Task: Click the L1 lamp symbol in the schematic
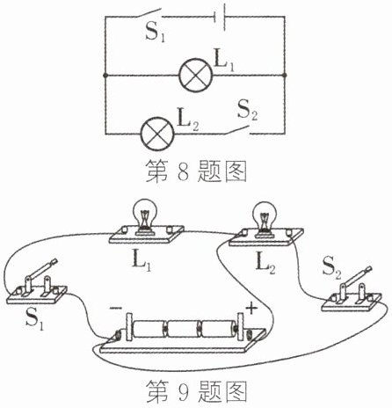click(195, 76)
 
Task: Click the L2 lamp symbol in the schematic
click(157, 134)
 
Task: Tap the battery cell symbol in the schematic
click(220, 17)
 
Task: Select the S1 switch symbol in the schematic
click(149, 13)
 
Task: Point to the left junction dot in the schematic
click(105, 76)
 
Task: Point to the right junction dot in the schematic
click(284, 76)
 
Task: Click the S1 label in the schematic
click(156, 33)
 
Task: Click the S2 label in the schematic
click(248, 111)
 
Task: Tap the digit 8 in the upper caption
click(183, 171)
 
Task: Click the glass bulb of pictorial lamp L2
click(265, 216)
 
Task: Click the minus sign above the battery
click(116, 308)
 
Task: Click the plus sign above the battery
click(251, 309)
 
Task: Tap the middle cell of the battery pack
click(184, 329)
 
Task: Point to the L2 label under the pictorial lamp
click(265, 263)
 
